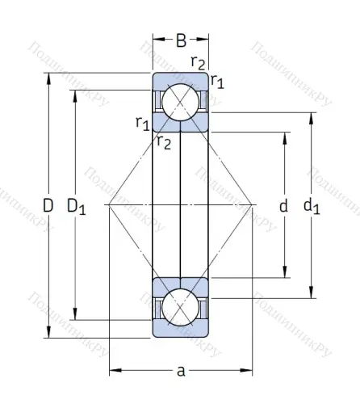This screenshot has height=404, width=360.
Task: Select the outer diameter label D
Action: point(48,206)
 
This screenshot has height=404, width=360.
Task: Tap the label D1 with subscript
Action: point(77,208)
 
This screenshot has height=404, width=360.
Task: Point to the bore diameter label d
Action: point(283,206)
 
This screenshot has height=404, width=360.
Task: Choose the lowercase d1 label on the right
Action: point(312,207)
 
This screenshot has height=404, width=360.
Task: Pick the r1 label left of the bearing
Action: point(142,123)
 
